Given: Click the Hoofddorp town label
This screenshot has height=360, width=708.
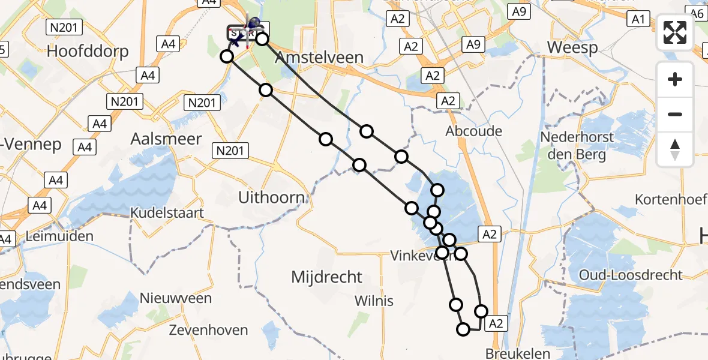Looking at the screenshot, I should [x=88, y=51].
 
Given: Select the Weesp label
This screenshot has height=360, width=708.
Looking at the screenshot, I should [x=572, y=48].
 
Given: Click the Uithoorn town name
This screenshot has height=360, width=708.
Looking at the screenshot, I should [x=271, y=197].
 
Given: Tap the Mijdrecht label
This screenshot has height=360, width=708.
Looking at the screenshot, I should [x=326, y=277].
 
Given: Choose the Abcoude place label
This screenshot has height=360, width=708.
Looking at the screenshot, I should [x=474, y=131].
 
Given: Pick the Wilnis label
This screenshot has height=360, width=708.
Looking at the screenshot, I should [x=374, y=300].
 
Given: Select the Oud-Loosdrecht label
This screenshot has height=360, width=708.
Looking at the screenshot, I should [x=631, y=275].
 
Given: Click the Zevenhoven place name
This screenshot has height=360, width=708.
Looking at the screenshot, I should [x=208, y=330].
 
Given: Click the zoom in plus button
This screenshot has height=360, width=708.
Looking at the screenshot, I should [x=675, y=79].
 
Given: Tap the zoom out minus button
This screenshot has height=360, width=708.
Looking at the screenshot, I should [x=675, y=114].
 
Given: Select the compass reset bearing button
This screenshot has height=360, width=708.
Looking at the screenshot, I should [x=675, y=149].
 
